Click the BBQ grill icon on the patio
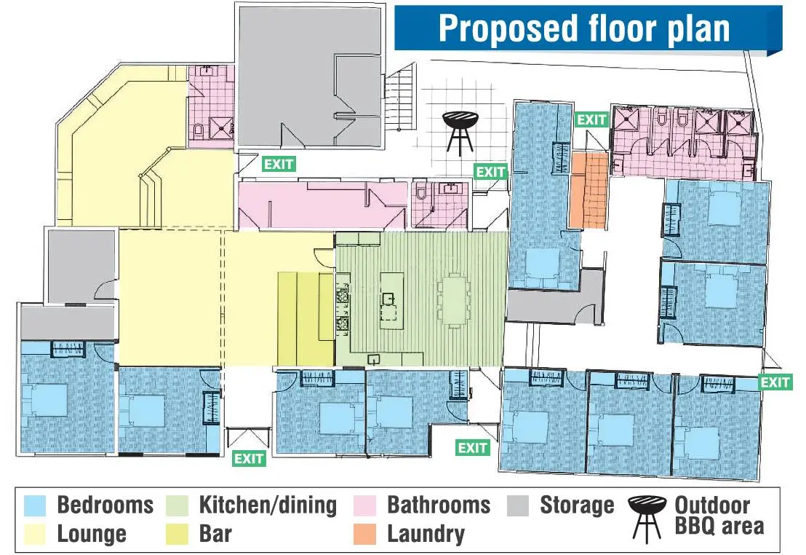[460, 133]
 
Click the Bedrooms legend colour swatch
[35, 505]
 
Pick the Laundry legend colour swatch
[365, 534]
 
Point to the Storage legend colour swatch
[518, 505]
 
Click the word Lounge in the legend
[92, 534]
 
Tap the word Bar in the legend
[215, 533]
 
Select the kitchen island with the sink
[391, 302]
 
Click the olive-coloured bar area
[306, 319]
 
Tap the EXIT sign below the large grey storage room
[279, 164]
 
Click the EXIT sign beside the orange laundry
[592, 120]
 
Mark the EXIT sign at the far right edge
[775, 382]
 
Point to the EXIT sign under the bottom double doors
[249, 459]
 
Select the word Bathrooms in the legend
[439, 505]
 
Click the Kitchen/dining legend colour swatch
[177, 505]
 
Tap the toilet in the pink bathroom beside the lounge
[199, 132]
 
